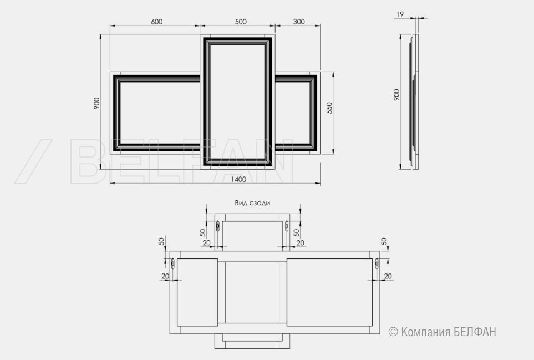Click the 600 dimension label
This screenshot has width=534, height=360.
(x=157, y=22)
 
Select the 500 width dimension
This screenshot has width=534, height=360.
(x=241, y=22)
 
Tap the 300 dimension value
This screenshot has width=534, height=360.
(x=299, y=22)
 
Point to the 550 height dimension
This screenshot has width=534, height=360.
(x=329, y=108)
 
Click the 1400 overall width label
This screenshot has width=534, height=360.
(x=238, y=180)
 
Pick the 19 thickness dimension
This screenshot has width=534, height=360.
(x=400, y=14)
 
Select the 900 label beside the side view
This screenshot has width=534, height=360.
(x=396, y=95)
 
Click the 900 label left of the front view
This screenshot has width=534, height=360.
(x=96, y=103)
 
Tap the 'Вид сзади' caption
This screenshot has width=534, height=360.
(x=252, y=203)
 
